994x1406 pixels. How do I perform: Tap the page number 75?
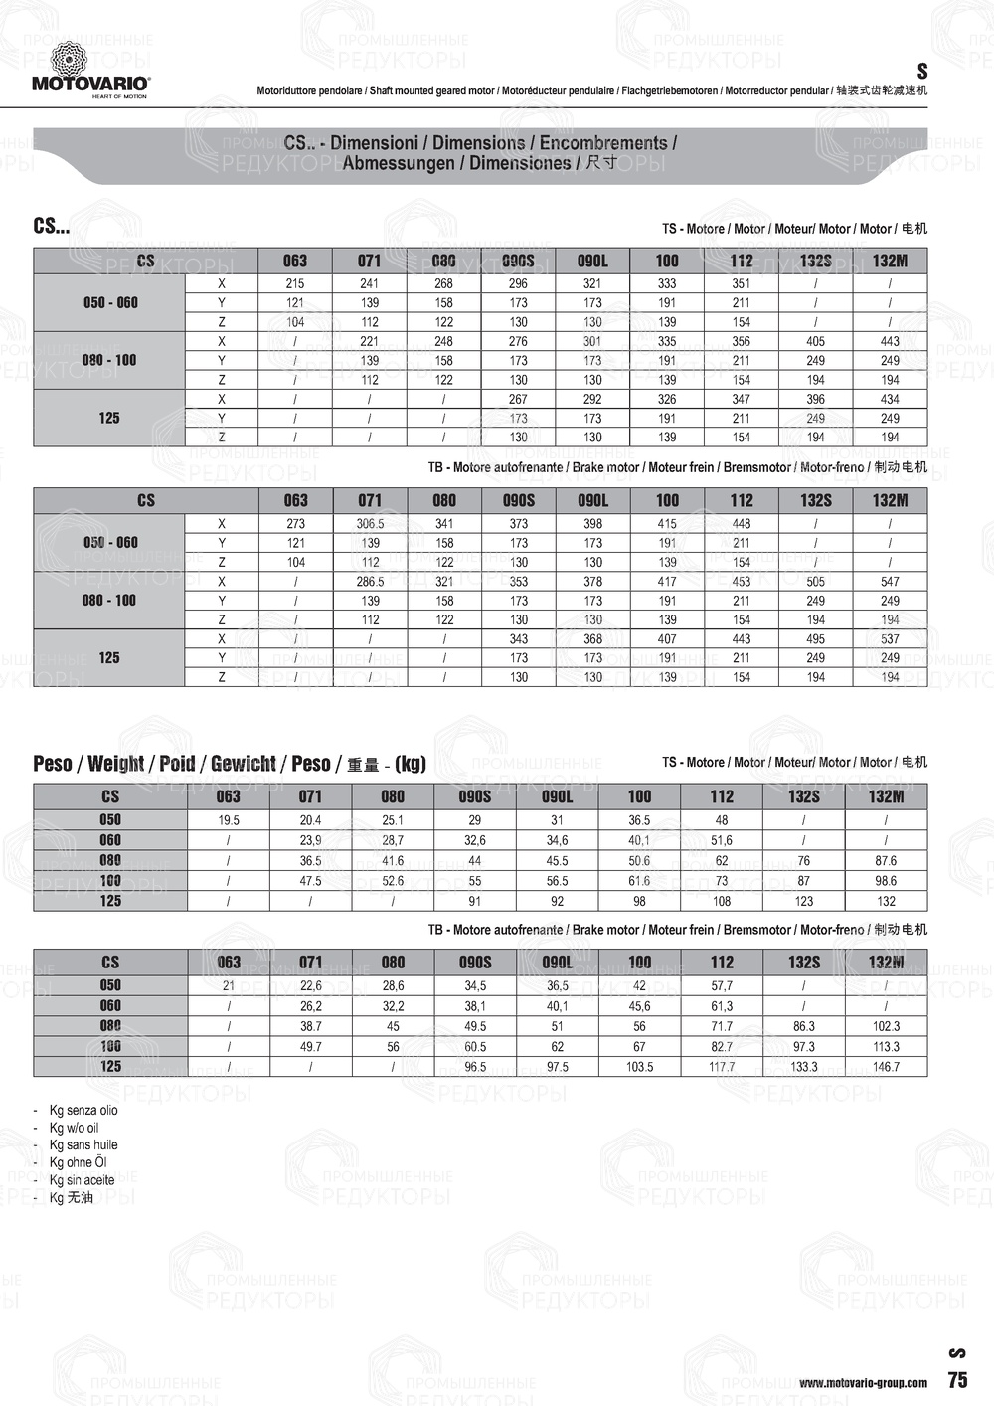(x=957, y=1380)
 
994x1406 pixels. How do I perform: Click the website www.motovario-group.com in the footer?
(x=863, y=1382)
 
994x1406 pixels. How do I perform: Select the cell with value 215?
(x=295, y=283)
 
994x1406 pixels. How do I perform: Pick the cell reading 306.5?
(x=370, y=524)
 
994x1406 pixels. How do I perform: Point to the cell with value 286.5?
(x=370, y=582)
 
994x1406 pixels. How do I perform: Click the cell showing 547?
(x=890, y=582)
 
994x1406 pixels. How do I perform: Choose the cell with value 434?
(x=890, y=399)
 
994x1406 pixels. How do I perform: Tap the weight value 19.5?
(x=229, y=820)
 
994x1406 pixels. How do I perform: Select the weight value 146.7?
(x=886, y=1067)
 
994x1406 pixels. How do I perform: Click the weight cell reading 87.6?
(x=886, y=861)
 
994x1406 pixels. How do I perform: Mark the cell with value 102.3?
(x=886, y=1026)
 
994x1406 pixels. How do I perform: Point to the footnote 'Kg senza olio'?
(x=83, y=1110)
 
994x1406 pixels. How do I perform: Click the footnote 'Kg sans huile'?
(x=83, y=1145)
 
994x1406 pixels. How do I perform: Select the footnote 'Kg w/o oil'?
(x=75, y=1128)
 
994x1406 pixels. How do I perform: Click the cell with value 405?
(x=815, y=341)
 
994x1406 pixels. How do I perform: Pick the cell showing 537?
(x=890, y=639)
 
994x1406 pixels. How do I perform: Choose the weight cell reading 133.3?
(x=804, y=1067)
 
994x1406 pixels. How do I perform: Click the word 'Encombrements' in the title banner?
(x=603, y=143)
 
